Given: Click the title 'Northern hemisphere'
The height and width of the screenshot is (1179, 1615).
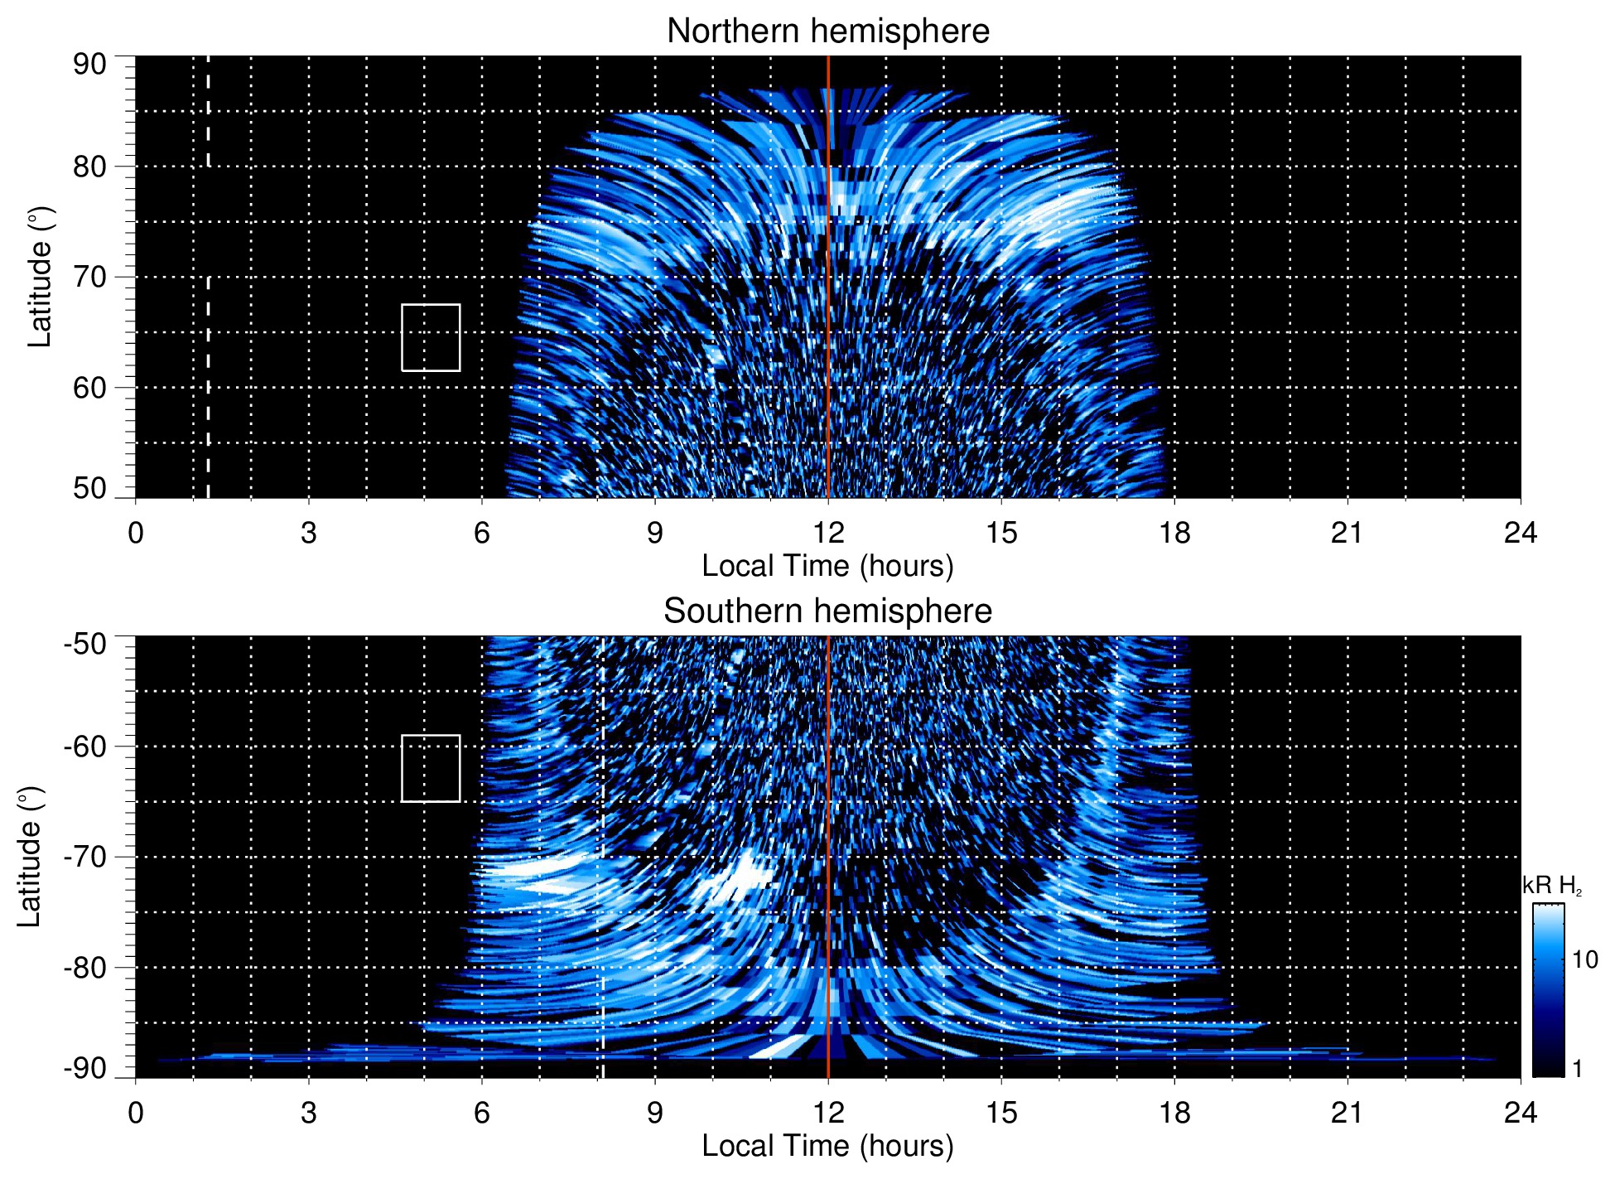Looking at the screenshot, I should pyautogui.click(x=827, y=31).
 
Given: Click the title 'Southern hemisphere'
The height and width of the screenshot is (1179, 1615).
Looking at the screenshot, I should pyautogui.click(x=827, y=611).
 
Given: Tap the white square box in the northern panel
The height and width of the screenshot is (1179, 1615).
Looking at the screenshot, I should pyautogui.click(x=431, y=337).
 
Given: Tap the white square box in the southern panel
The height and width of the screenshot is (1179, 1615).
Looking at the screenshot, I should pyautogui.click(x=431, y=768).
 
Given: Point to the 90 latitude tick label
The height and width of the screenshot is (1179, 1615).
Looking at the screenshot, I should pyautogui.click(x=89, y=65).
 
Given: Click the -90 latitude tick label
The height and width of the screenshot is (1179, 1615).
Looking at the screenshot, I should pyautogui.click(x=85, y=1069).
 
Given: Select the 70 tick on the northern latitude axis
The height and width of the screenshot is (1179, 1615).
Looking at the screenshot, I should pyautogui.click(x=89, y=277).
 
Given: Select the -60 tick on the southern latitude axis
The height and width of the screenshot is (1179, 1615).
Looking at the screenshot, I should pyautogui.click(x=85, y=747).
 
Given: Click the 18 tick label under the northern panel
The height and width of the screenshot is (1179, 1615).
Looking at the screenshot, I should pyautogui.click(x=1174, y=533).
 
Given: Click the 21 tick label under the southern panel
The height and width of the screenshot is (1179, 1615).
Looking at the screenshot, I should pyautogui.click(x=1347, y=1113).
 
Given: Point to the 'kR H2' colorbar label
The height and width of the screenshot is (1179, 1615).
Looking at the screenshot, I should pyautogui.click(x=1551, y=887).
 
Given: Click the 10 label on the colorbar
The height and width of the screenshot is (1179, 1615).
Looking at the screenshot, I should pyautogui.click(x=1584, y=960).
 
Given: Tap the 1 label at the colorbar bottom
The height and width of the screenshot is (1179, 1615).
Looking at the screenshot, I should pyautogui.click(x=1577, y=1069).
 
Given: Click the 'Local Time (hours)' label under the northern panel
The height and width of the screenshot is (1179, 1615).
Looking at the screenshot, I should pyautogui.click(x=827, y=566).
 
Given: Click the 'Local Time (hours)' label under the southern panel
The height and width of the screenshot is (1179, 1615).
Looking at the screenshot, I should pyautogui.click(x=827, y=1146).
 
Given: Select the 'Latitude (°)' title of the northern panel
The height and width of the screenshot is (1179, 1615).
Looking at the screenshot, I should pyautogui.click(x=40, y=277).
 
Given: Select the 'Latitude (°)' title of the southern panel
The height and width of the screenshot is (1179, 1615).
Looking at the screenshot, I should pyautogui.click(x=30, y=857).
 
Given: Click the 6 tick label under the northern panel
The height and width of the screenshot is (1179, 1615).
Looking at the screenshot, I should pyautogui.click(x=482, y=533).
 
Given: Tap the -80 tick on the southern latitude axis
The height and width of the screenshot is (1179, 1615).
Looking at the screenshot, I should pyautogui.click(x=85, y=967).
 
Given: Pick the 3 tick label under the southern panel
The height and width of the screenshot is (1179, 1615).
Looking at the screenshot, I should pyautogui.click(x=309, y=1113).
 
